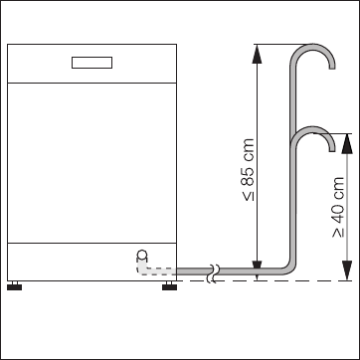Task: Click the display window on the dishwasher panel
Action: coord(91,63)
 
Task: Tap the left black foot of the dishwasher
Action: coord(14,285)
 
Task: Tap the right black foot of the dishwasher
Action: coord(169,285)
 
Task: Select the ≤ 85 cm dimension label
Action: coord(249,170)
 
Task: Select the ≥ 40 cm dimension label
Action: coord(338,207)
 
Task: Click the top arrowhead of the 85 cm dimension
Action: coord(257,54)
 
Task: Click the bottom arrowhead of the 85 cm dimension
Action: coord(257,270)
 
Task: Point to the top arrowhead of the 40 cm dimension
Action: coord(347,143)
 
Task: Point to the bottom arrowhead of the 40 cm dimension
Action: coord(347,270)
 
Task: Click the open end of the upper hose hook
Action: coord(332,68)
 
